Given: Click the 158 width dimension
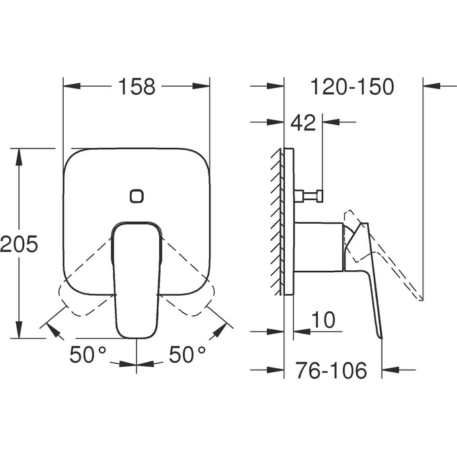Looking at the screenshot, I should pyautogui.click(x=136, y=87).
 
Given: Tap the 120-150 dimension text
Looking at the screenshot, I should pyautogui.click(x=352, y=87).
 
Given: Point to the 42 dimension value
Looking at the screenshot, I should pyautogui.click(x=302, y=122).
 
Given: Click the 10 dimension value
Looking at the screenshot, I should pyautogui.click(x=324, y=320).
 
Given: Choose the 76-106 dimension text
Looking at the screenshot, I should pyautogui.click(x=333, y=370).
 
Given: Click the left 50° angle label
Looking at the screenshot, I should pyautogui.click(x=88, y=354).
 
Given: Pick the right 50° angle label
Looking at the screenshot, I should pyautogui.click(x=187, y=354).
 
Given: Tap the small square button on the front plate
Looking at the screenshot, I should pyautogui.click(x=136, y=196).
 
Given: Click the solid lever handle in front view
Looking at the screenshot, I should pyautogui.click(x=136, y=282).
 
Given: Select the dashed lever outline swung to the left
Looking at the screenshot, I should pyautogui.click(x=84, y=289).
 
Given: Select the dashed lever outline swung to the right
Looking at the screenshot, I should pyautogui.click(x=190, y=289).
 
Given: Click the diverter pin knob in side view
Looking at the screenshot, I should pyautogui.click(x=311, y=196).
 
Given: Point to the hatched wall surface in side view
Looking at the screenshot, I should pyautogui.click(x=277, y=222).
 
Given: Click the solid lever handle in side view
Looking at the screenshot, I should pyautogui.click(x=368, y=276).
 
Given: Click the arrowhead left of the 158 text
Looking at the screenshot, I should pyautogui.click(x=71, y=86).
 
